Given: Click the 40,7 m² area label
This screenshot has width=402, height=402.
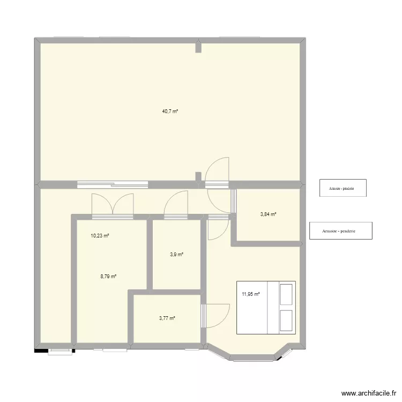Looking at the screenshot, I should point(169,111).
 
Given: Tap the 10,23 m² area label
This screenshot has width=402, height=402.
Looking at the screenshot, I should point(100,235).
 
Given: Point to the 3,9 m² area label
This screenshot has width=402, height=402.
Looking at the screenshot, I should point(177,255).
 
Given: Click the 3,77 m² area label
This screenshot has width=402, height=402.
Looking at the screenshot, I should point(167,318).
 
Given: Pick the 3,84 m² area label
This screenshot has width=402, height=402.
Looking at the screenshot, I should point(268,214).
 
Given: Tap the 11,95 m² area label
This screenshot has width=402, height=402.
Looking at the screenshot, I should point(251,294).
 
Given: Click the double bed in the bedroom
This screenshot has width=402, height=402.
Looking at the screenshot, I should point(266,308).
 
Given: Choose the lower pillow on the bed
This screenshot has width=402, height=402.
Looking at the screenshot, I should point(286,321).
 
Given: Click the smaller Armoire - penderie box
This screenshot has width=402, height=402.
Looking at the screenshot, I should point(343,188).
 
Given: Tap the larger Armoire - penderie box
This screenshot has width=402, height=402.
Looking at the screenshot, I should point(340,231).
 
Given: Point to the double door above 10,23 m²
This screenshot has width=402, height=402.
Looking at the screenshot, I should point(112,205).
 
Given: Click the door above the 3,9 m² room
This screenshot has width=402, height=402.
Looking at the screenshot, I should point(176,205).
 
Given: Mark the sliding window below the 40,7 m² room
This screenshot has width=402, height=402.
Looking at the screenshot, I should point(112,184).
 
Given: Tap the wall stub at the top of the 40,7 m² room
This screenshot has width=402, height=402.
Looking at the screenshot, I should point(198,47).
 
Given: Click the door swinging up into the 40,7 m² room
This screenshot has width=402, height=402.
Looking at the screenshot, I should point(218,172).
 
